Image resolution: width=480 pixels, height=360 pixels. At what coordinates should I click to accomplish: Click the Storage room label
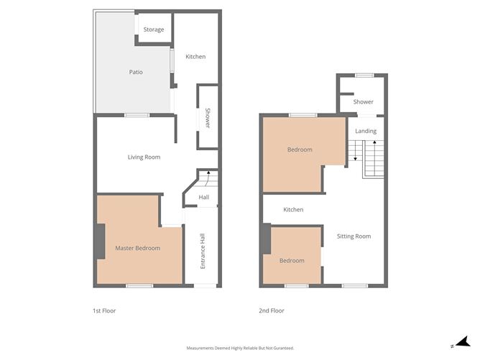pyautogui.click(x=154, y=29)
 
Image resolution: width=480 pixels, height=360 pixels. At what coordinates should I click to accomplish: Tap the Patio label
pyautogui.click(x=136, y=72)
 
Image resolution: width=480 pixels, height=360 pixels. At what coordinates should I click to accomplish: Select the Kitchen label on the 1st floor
pyautogui.click(x=195, y=57)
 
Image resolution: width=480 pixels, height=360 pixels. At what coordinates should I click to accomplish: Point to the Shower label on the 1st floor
pyautogui.click(x=208, y=117)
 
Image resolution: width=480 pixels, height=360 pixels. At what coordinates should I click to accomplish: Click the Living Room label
pyautogui.click(x=144, y=157)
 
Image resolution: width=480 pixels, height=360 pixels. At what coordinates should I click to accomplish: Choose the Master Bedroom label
pyautogui.click(x=137, y=248)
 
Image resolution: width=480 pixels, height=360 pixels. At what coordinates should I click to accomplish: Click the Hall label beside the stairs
pyautogui.click(x=204, y=198)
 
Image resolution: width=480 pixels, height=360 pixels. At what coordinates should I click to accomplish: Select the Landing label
pyautogui.click(x=366, y=131)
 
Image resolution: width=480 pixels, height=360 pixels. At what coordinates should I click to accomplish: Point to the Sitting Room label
pyautogui.click(x=354, y=236)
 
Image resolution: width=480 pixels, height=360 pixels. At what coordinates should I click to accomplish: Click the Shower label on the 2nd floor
pyautogui.click(x=363, y=102)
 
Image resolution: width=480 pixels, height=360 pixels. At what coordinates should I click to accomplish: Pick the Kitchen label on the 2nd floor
pyautogui.click(x=293, y=210)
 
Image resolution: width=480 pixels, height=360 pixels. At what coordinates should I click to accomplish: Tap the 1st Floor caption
pyautogui.click(x=104, y=311)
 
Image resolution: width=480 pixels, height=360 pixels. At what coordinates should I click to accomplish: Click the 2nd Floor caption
pyautogui.click(x=272, y=311)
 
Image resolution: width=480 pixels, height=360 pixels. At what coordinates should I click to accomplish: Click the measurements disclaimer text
pyautogui.click(x=240, y=348)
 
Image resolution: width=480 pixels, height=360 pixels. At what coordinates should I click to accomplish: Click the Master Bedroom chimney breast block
pyautogui.click(x=100, y=239)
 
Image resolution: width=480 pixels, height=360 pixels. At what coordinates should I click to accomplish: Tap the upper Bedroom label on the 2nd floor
pyautogui.click(x=300, y=149)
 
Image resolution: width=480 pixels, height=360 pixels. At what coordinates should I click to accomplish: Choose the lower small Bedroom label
pyautogui.click(x=292, y=260)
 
